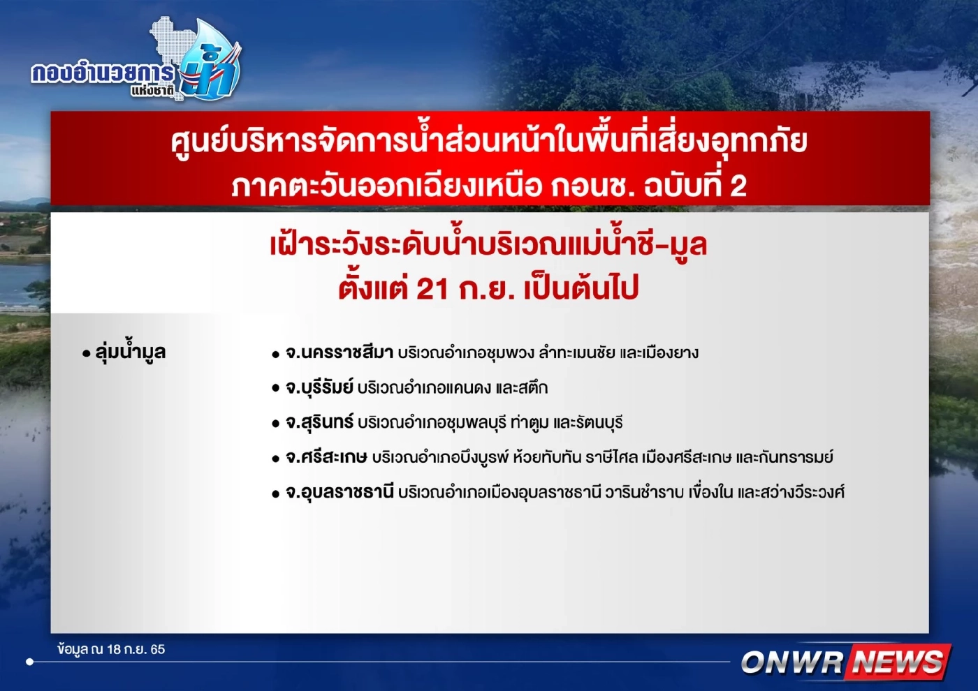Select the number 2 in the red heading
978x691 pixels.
pos(738,186)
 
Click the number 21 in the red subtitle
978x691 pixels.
pos(432,288)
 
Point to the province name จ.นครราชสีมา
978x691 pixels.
pos(340,352)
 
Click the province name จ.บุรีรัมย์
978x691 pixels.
pos(319,387)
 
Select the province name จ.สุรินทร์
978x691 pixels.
pos(319,422)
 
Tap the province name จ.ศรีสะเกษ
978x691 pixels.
pos(326,457)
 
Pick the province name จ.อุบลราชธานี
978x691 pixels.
pos(340,492)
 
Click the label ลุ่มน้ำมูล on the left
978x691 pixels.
pos(131,352)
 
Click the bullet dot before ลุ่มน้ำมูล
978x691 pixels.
pos(87,354)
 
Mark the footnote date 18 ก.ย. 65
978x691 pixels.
pos(136,649)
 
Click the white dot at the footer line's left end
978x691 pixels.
pos(29,661)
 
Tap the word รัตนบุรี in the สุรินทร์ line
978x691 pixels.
pos(599,422)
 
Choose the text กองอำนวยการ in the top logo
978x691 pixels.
pos(103,73)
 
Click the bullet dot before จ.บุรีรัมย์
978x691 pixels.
pos(276,389)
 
